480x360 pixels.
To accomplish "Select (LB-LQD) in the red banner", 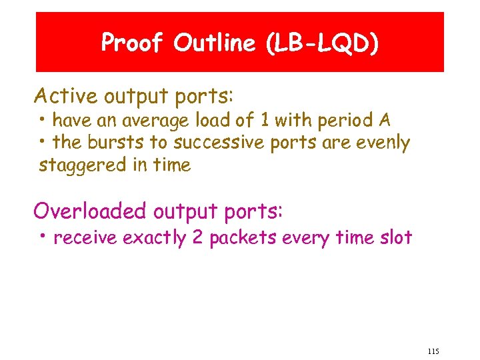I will (321, 43).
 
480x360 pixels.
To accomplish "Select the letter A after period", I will (385, 121).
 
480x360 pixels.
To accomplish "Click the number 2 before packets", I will (198, 237).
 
